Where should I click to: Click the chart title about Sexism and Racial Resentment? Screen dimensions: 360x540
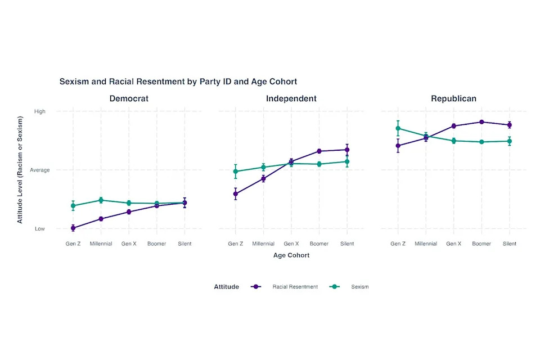point(178,82)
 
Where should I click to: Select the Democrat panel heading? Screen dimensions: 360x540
point(129,98)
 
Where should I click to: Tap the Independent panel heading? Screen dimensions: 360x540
point(291,98)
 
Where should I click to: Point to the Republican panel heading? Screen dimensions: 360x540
point(453,98)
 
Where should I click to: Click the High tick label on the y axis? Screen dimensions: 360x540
point(39,111)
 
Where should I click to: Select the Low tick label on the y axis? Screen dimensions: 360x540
point(39,228)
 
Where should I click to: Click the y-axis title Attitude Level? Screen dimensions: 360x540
point(20,170)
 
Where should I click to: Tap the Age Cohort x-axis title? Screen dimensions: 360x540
point(291,255)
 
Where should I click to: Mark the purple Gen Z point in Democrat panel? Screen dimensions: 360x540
point(73,228)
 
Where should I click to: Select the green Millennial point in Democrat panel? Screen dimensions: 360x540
point(101,200)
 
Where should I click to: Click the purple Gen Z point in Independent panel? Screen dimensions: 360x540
point(236,194)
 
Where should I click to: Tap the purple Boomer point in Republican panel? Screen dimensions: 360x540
point(481,122)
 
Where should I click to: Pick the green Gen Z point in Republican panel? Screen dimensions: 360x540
point(398,128)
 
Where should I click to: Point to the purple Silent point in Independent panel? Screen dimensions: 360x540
point(347,150)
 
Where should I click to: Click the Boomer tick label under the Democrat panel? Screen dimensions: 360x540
point(156,244)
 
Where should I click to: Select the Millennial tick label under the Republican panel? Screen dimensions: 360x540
point(426,244)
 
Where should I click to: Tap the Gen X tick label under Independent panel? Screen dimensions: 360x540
point(291,244)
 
